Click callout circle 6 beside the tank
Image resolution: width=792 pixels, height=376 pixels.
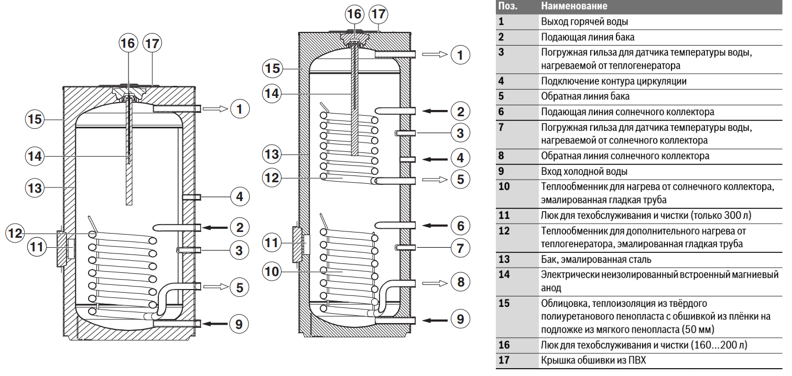point(460,226)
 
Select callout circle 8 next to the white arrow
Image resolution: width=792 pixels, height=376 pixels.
point(460,282)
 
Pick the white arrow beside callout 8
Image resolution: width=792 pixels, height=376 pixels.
point(433,282)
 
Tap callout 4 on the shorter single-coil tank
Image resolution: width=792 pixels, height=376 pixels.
point(239,197)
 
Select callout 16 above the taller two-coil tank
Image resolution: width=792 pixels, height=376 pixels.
point(355,14)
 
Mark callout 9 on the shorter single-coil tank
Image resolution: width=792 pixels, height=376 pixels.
point(239,324)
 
